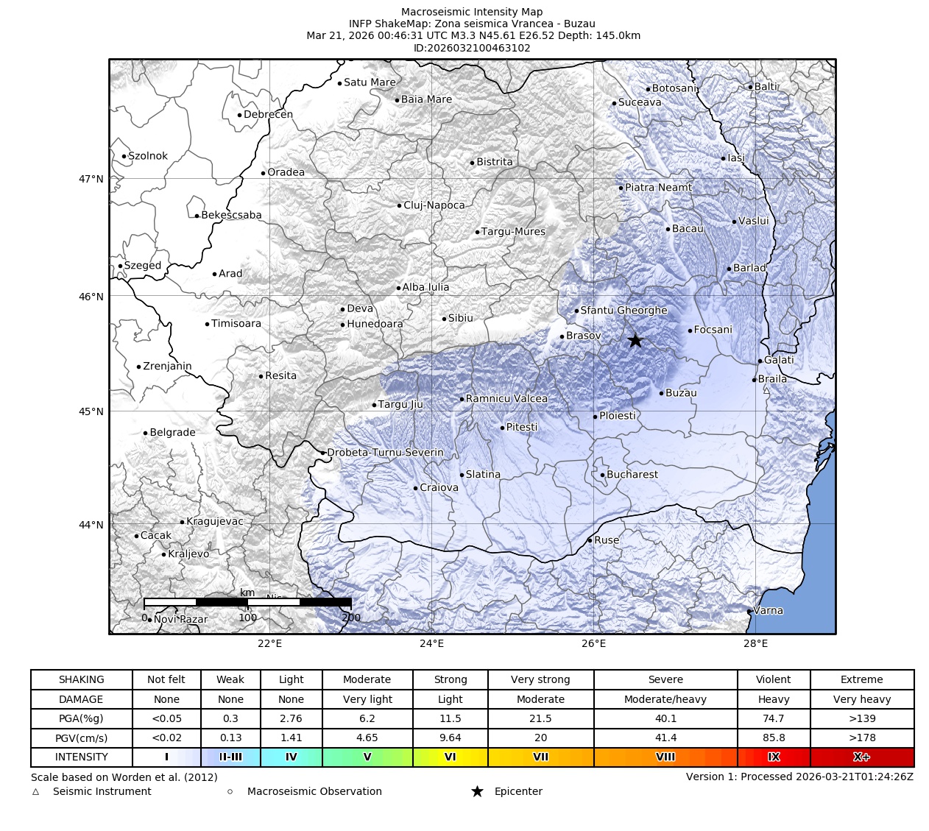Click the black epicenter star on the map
click(635, 340)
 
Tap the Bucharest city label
click(632, 475)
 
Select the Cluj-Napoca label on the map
click(434, 205)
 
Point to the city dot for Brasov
click(562, 336)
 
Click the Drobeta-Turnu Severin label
click(385, 453)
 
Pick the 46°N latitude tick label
click(91, 297)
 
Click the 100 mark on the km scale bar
click(247, 618)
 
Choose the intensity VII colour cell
click(540, 757)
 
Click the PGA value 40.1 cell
click(665, 718)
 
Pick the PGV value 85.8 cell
click(773, 738)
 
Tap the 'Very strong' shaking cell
click(540, 679)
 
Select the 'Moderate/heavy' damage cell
click(665, 699)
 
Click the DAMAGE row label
click(81, 699)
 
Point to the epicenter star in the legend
click(477, 791)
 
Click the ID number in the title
click(472, 48)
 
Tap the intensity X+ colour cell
click(861, 757)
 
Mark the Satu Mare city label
click(370, 82)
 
